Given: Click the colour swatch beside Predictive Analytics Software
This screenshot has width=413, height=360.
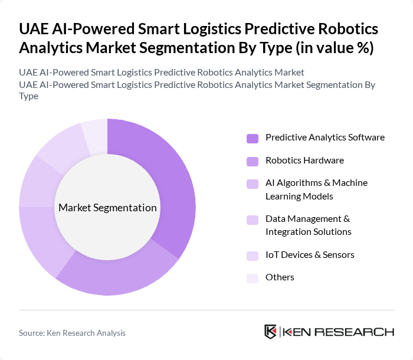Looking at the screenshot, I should coord(253,138).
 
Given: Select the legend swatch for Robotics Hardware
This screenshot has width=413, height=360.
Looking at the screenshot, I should coord(253,161).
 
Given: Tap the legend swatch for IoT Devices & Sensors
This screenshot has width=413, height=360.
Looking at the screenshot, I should coord(253,256).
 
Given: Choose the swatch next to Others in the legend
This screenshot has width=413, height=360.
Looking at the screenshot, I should coord(253,278).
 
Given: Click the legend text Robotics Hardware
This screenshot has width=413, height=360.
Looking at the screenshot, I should coord(304,161).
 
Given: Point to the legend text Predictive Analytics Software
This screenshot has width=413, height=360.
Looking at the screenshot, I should coord(324,138).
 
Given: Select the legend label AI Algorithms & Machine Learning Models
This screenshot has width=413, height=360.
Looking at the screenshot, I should coord(316,189).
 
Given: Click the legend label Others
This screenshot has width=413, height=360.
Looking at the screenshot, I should coord(280,277).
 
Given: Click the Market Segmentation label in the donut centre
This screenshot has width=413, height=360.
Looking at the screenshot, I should coord(107,208).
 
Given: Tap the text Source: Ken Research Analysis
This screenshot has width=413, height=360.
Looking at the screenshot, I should coord(72,333).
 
